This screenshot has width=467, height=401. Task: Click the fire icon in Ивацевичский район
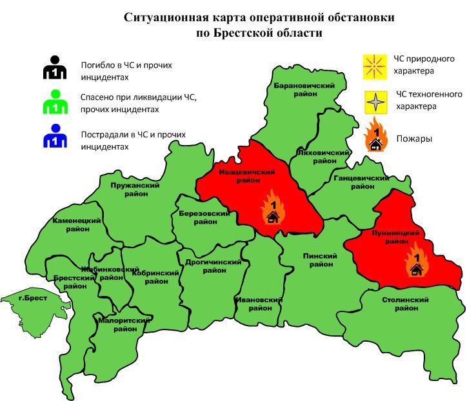[273, 208]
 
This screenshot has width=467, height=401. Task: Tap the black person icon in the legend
[55, 67]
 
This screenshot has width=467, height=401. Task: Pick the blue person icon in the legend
[55, 136]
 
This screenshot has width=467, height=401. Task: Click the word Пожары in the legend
[414, 139]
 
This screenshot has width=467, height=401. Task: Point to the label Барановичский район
[303, 90]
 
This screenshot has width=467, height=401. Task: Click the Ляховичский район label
[321, 157]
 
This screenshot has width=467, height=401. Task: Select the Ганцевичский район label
[362, 182]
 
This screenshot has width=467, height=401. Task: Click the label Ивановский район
[260, 304]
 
